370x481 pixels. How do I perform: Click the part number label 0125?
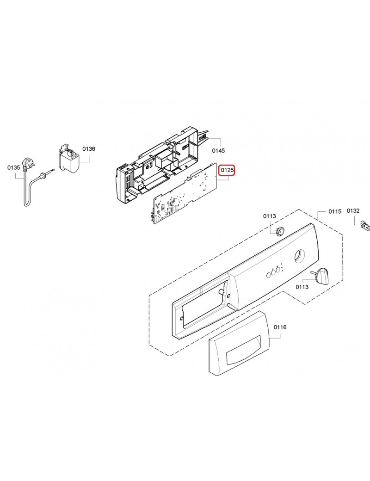[228, 169]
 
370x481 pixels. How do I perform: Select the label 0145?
[218, 150]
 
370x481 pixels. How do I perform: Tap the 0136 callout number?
[89, 149]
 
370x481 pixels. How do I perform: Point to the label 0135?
[14, 167]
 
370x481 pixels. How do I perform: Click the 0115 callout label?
[335, 211]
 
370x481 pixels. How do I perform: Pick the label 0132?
[353, 211]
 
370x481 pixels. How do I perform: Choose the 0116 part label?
[280, 327]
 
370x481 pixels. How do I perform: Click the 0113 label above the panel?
[269, 216]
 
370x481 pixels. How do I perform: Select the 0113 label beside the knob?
[302, 287]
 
